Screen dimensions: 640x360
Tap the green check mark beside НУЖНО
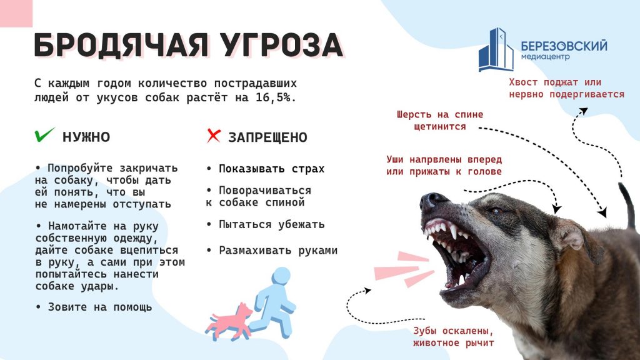tap(44, 135)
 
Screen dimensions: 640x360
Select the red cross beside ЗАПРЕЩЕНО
tap(214, 136)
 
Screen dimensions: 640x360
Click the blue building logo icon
tap(496, 49)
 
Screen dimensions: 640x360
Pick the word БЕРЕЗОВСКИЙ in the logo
tap(564, 46)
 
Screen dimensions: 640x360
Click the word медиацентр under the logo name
tap(545, 57)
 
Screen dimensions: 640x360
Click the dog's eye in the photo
tap(496, 211)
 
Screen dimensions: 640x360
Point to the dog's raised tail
tap(627, 205)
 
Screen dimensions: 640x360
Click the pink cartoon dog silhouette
tap(229, 321)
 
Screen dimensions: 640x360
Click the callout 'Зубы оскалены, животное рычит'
tap(454, 337)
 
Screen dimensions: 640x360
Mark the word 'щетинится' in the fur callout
tap(440, 127)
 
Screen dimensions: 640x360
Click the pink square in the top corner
tap(16, 14)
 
